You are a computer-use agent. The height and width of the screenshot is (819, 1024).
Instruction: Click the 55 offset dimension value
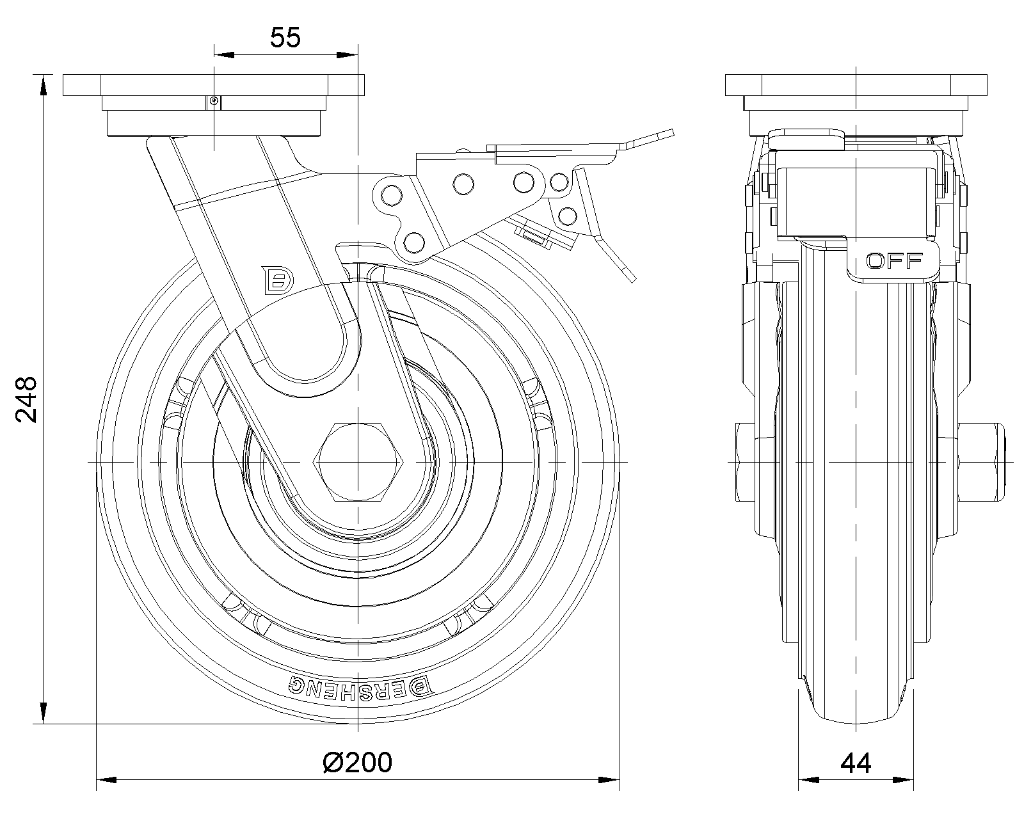click(285, 38)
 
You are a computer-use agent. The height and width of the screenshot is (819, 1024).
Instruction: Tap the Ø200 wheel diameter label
click(357, 762)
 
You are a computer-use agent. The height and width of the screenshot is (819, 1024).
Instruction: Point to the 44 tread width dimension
click(856, 763)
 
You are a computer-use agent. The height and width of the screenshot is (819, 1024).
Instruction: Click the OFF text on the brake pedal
click(894, 260)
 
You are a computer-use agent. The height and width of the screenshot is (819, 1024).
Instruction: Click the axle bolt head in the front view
click(745, 461)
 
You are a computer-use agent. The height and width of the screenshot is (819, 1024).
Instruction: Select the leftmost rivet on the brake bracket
click(388, 193)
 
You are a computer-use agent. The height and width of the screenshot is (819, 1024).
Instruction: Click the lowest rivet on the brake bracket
click(414, 242)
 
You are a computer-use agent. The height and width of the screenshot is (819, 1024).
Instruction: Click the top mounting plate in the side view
click(214, 84)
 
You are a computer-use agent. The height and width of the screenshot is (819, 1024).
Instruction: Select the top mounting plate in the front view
click(856, 84)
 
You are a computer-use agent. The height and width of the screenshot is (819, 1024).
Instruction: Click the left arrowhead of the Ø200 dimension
click(105, 780)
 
